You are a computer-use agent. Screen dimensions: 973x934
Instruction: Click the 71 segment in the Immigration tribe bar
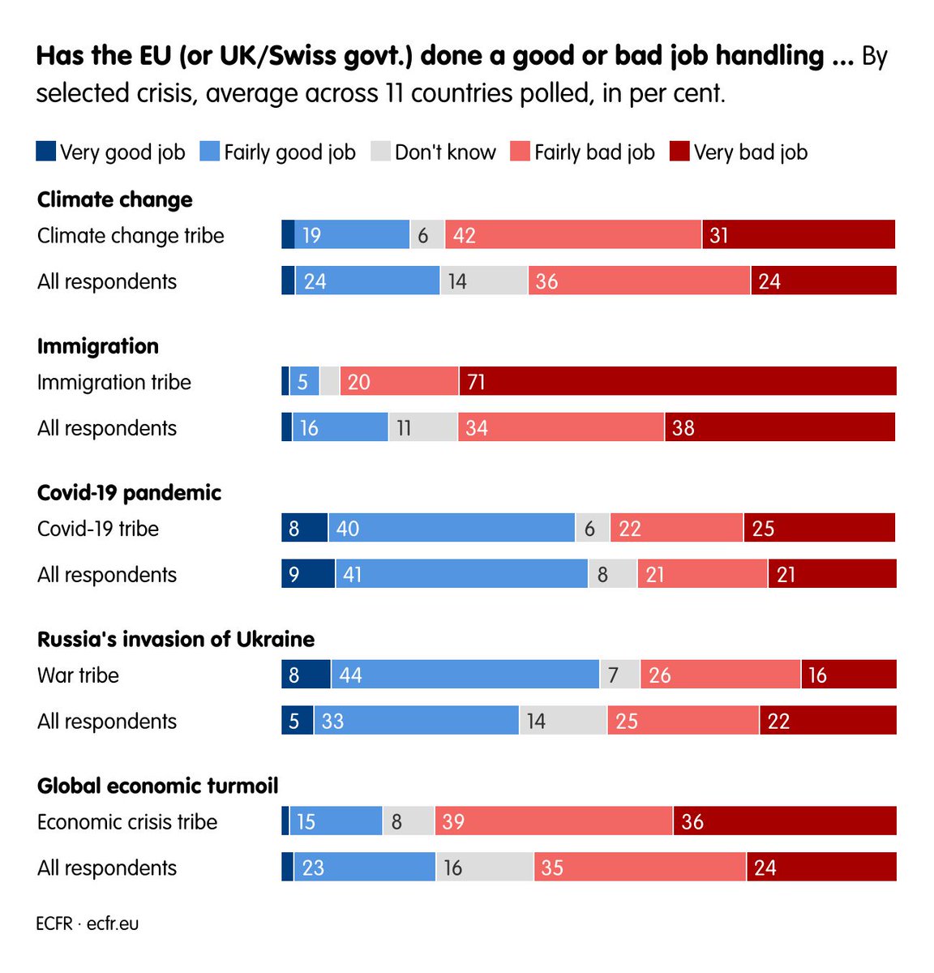click(x=677, y=381)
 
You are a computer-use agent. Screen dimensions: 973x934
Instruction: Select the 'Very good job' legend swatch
click(x=46, y=152)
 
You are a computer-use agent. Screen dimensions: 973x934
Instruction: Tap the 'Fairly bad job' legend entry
click(x=583, y=152)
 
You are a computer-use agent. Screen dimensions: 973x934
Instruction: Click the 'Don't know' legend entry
click(x=434, y=152)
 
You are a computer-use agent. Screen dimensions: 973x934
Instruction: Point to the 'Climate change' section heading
click(x=115, y=199)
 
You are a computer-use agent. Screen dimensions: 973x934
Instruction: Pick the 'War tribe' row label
click(x=78, y=675)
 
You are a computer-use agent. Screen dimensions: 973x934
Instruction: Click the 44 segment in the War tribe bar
click(x=465, y=675)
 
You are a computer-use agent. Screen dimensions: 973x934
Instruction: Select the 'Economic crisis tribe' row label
click(x=127, y=821)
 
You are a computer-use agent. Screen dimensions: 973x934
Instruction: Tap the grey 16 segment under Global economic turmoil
click(x=484, y=867)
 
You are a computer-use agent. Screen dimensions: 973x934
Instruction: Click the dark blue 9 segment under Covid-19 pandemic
click(x=307, y=574)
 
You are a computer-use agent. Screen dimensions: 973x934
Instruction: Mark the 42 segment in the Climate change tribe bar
click(x=572, y=235)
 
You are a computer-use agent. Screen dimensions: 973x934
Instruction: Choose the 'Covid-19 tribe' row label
click(x=98, y=529)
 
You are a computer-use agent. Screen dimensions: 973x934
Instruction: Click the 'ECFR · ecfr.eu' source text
click(x=88, y=924)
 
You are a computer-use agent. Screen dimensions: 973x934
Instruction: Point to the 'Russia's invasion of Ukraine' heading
click(x=176, y=639)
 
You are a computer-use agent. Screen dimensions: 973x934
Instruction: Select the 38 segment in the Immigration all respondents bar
click(x=780, y=427)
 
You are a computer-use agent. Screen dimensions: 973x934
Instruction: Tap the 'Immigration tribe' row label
click(x=114, y=382)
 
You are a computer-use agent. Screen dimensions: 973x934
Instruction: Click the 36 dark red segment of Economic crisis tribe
click(x=784, y=821)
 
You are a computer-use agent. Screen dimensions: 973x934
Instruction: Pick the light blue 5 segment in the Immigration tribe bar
click(x=304, y=381)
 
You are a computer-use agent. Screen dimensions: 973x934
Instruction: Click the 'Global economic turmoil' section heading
click(x=158, y=786)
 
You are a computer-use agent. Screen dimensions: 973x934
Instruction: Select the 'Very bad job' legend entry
click(x=739, y=152)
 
